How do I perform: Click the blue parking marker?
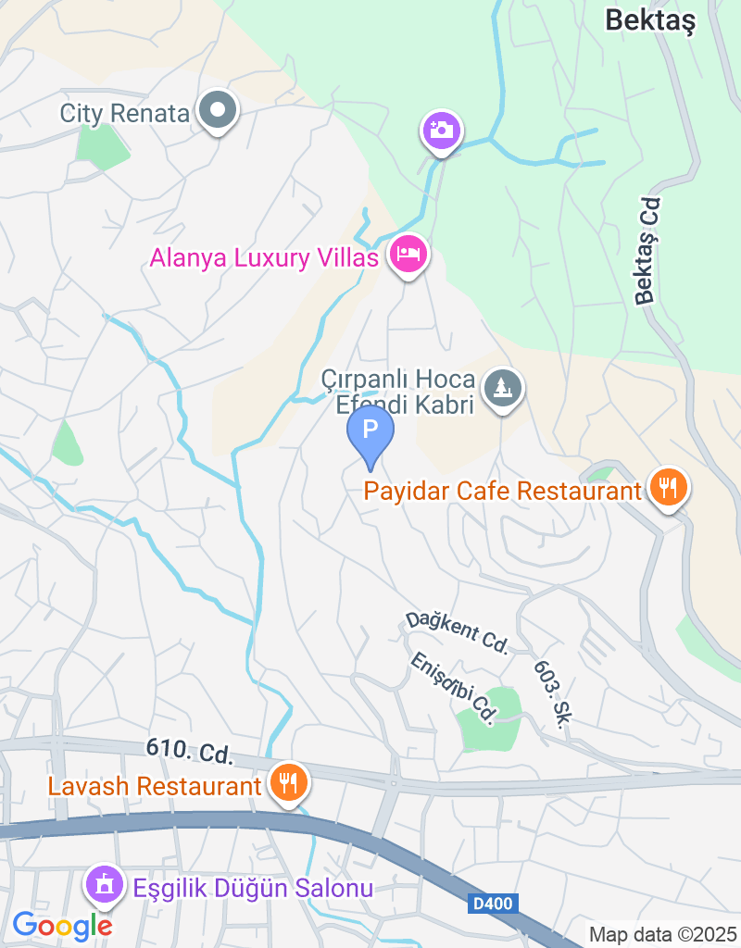click(370, 431)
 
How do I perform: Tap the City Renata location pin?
click(219, 112)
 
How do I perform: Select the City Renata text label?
click(124, 114)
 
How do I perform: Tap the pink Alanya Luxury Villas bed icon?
click(408, 254)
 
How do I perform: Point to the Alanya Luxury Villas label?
click(264, 257)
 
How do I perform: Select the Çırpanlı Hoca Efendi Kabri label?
click(398, 392)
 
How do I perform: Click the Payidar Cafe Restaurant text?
click(503, 491)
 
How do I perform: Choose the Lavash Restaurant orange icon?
click(288, 783)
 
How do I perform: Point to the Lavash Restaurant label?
click(155, 787)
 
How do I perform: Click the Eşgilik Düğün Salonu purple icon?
click(104, 886)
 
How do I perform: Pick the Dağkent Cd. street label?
click(457, 633)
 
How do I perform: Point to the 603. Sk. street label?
click(550, 693)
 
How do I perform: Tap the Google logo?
click(62, 924)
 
